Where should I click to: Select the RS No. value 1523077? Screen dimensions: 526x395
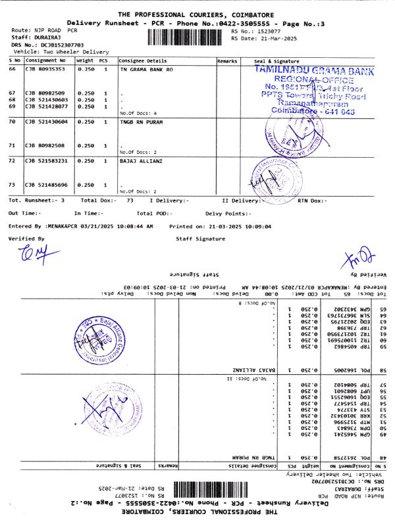click(269, 31)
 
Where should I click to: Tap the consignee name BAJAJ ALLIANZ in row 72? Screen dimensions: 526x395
click(139, 160)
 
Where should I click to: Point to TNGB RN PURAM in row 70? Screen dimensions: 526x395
click(138, 122)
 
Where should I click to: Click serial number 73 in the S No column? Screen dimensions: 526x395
click(12, 185)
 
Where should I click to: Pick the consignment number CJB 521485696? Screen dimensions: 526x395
click(46, 185)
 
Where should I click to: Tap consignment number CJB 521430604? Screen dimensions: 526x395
click(46, 122)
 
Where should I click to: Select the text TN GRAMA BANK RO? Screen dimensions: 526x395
click(146, 68)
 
